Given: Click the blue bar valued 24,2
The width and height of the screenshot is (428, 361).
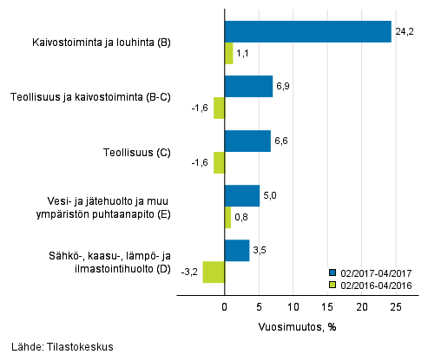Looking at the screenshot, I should click(307, 32).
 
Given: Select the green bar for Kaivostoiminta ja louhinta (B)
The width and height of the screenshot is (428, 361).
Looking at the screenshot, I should click(228, 54).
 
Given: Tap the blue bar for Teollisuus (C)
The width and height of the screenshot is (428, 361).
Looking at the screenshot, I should click(247, 141).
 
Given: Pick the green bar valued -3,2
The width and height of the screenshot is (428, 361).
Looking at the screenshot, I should click(214, 272).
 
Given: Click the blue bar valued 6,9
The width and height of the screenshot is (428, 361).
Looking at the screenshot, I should click(248, 87).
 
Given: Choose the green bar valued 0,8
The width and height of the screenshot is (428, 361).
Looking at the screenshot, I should click(227, 217).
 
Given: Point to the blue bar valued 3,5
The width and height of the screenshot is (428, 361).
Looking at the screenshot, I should click(236, 250).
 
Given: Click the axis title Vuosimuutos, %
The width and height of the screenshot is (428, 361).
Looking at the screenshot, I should click(297, 327).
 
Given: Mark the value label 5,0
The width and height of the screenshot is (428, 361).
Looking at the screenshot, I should click(270, 195).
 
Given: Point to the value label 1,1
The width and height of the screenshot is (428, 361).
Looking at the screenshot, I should click(244, 54).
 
